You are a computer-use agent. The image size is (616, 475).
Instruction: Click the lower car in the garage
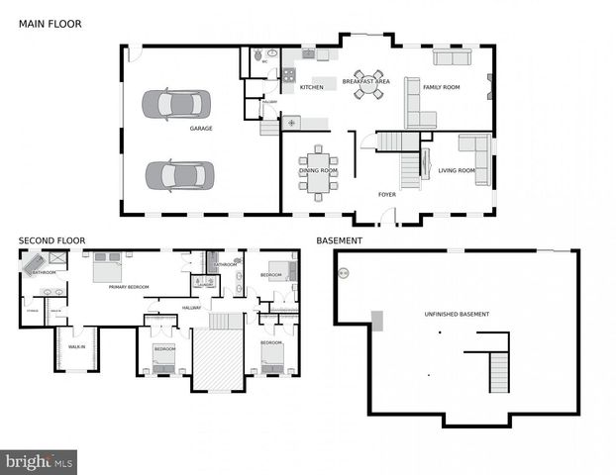pos(179,176)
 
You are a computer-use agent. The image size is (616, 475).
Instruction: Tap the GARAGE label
pos(201,129)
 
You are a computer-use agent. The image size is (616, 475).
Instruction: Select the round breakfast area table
pos(367,87)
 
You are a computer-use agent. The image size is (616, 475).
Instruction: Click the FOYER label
pos(386,194)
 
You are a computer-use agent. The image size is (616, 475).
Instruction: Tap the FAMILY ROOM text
pos(442,88)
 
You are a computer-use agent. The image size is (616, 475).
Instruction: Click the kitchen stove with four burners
pos(289,73)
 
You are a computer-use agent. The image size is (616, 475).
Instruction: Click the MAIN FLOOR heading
pos(51,23)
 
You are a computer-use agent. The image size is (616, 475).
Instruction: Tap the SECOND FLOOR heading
pos(52,239)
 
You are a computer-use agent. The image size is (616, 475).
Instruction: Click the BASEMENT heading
pos(339,239)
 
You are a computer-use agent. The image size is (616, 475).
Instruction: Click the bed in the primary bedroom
pos(107,267)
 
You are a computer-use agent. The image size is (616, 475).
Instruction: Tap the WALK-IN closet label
pos(76,346)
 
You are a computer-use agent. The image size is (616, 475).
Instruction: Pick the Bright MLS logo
pos(40,461)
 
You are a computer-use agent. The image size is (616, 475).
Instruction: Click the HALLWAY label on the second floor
pos(191,308)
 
